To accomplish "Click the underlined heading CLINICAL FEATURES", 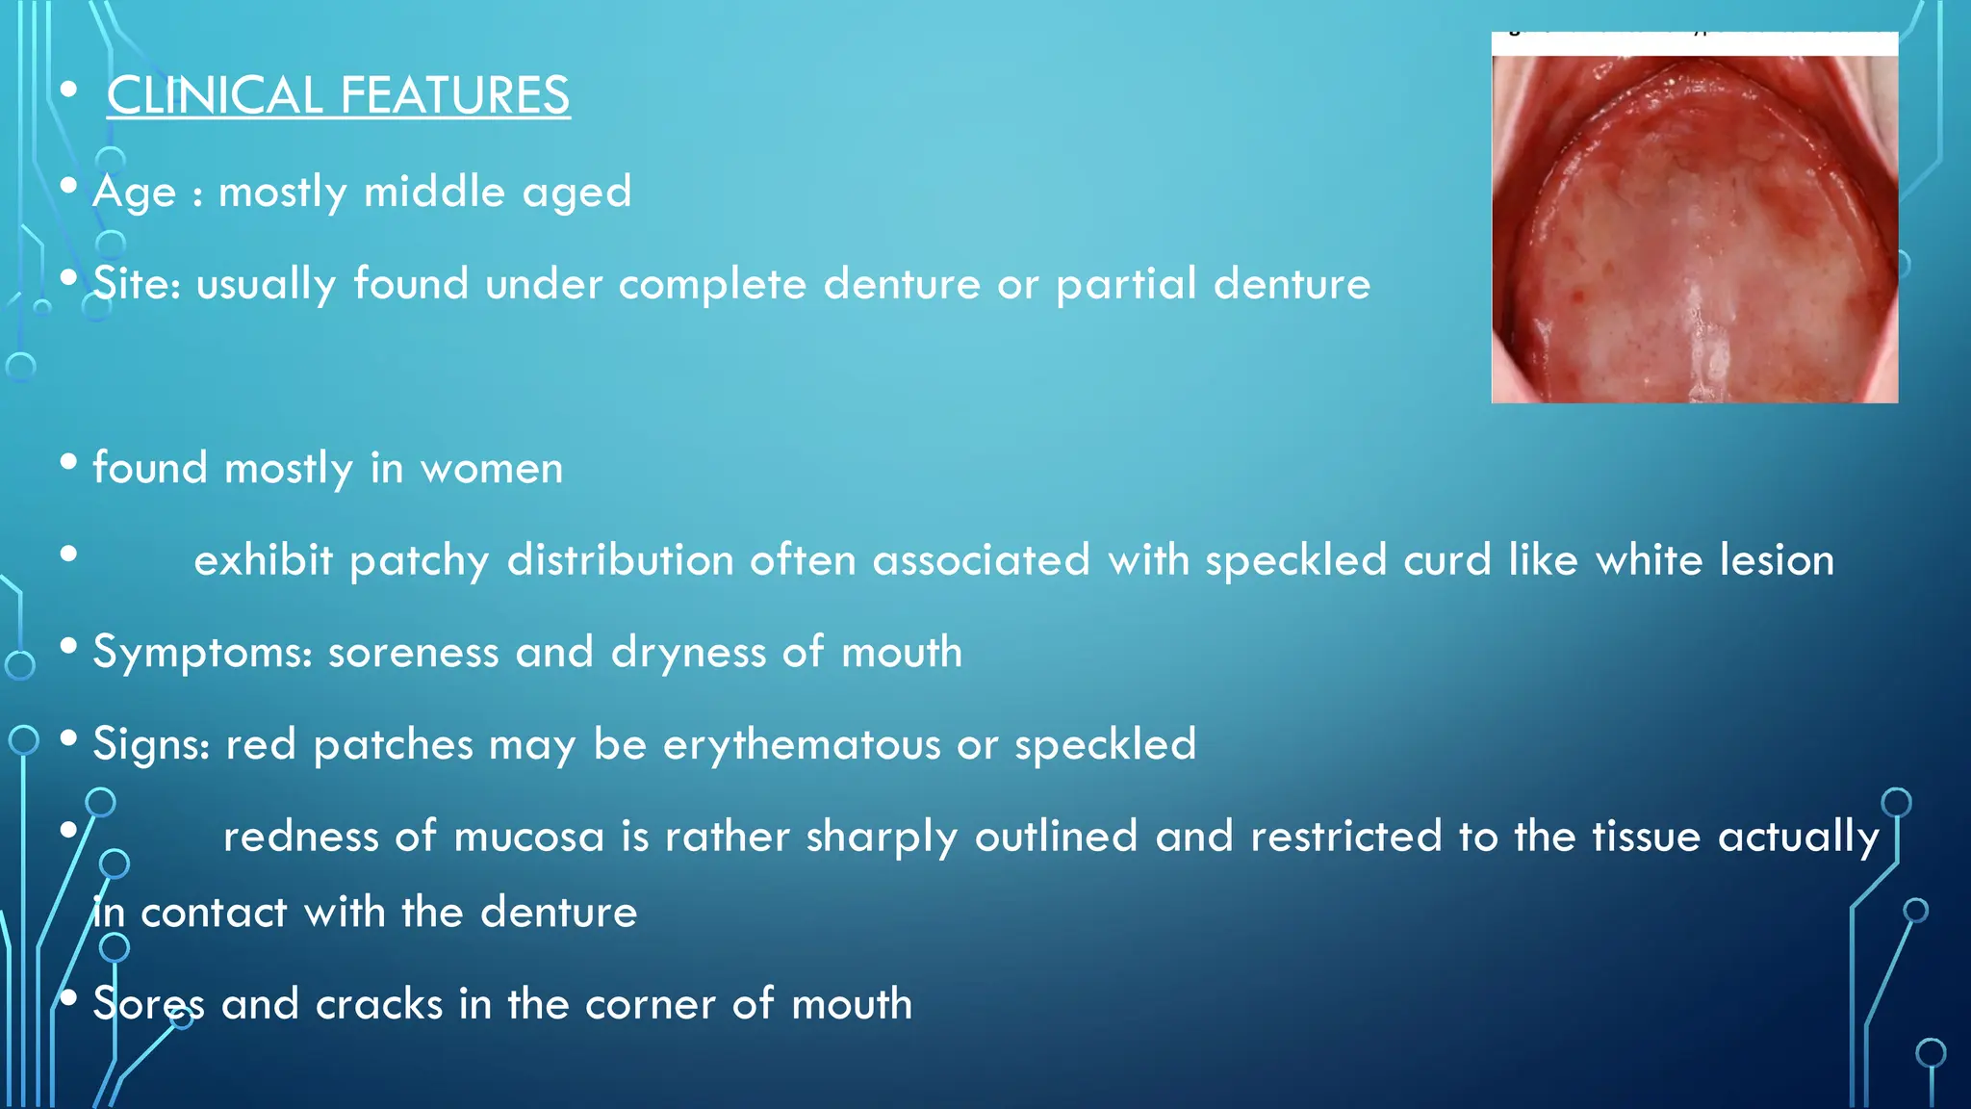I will pyautogui.click(x=338, y=96).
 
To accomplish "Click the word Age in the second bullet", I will pyautogui.click(x=134, y=193).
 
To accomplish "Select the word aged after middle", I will pyautogui.click(x=576, y=193).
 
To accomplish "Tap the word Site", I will pyautogui.click(x=134, y=284).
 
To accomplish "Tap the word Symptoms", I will pyautogui.click(x=201, y=653).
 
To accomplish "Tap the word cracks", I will pyautogui.click(x=379, y=1005).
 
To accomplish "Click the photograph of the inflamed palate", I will pyautogui.click(x=1694, y=229).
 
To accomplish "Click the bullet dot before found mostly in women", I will pyautogui.click(x=68, y=462).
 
